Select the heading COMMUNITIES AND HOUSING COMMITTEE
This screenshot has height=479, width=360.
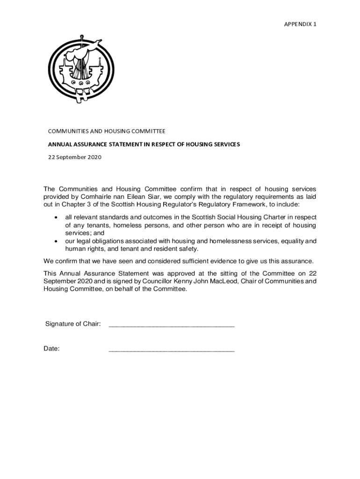point(107,131)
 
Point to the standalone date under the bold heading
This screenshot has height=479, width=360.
point(75,157)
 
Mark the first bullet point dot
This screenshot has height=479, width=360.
point(57,218)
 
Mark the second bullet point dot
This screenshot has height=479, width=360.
point(57,241)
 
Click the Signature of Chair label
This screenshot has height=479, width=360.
point(73,324)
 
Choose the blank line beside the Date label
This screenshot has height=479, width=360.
point(171,350)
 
